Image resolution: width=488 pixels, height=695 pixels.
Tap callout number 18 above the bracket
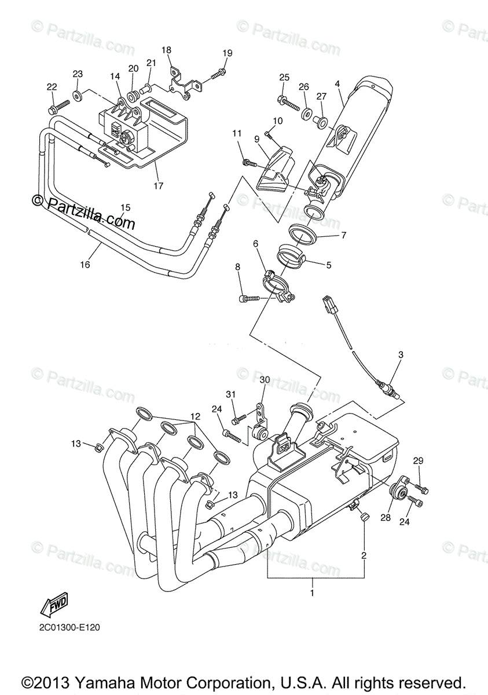click(167, 50)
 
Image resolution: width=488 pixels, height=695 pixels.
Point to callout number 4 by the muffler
click(337, 84)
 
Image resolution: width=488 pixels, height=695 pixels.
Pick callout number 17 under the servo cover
click(158, 186)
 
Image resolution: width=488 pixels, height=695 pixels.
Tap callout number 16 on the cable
click(86, 264)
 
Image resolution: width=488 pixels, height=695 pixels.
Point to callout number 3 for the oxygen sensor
click(400, 354)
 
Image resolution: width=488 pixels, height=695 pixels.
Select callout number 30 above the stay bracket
click(265, 380)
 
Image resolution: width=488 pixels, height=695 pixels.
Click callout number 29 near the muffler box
click(418, 460)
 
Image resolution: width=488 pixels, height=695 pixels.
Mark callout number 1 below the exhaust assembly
click(312, 593)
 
